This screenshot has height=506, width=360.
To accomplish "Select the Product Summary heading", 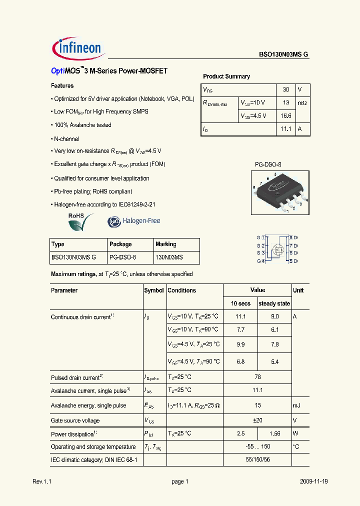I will point(226,76).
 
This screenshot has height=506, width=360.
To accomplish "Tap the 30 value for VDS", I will point(286,89).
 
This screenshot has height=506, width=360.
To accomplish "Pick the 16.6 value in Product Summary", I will point(286,115).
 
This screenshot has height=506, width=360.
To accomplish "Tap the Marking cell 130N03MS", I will point(169,257).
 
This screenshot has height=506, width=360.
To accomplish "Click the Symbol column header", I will point(154,290).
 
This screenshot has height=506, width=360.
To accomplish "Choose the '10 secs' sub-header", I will point(240,303).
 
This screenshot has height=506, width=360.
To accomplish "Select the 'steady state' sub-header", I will point(274,303).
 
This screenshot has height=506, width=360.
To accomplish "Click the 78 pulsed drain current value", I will point(257,377).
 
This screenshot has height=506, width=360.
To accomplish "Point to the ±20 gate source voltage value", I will point(257,420).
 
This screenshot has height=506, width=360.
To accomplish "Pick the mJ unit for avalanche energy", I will point(297,405).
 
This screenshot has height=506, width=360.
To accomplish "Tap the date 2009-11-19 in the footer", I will point(314,481).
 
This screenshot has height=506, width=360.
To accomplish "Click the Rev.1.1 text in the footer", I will point(42,481).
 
